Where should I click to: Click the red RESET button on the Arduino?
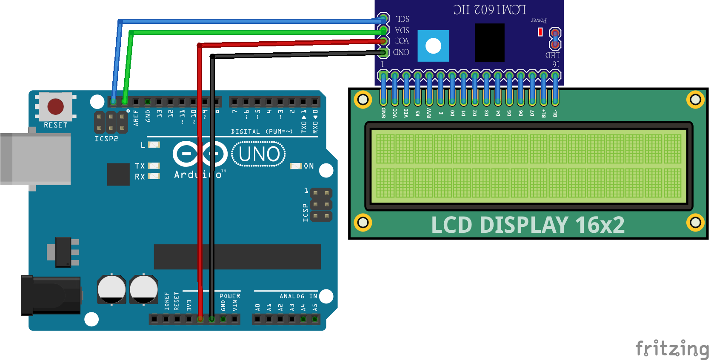[56, 106]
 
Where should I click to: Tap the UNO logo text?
[259, 154]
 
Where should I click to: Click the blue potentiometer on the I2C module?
[433, 46]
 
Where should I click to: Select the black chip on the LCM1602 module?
[490, 43]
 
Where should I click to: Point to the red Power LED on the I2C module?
[540, 32]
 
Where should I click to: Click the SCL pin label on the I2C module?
[403, 19]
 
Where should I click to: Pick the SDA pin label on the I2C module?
[402, 30]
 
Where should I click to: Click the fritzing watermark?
[672, 349]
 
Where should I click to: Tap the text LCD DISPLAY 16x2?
[528, 225]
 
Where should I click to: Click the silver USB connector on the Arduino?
[36, 159]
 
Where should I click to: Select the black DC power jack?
[51, 295]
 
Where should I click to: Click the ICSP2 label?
[106, 139]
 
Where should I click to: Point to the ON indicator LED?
[296, 166]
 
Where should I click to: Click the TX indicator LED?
[154, 166]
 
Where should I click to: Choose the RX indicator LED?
[154, 176]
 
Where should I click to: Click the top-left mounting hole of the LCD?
[363, 100]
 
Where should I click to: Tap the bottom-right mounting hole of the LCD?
[695, 222]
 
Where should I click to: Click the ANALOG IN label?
[298, 296]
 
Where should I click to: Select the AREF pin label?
[136, 118]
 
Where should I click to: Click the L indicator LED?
[154, 145]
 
